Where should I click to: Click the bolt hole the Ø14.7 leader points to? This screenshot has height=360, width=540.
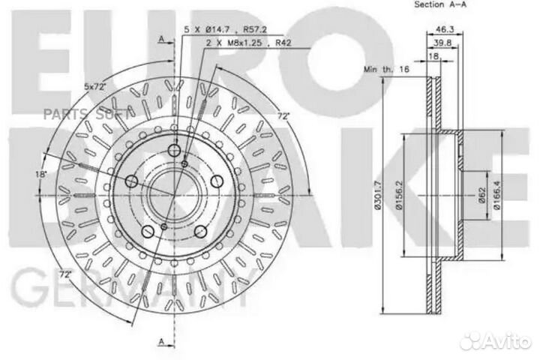pyautogui.click(x=173, y=152)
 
